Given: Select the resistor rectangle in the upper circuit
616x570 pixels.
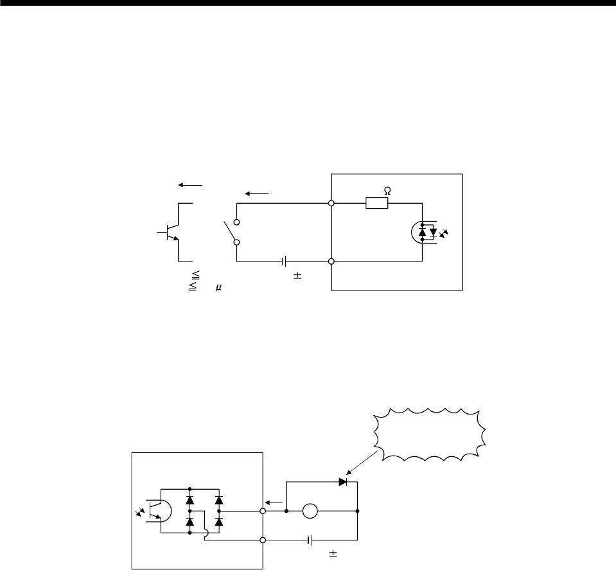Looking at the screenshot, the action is (x=376, y=204).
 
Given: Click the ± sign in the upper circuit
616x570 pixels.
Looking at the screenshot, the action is (x=298, y=276).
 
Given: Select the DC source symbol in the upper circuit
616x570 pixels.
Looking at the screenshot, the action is (x=284, y=262).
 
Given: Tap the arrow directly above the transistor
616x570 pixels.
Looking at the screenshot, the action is (x=190, y=184).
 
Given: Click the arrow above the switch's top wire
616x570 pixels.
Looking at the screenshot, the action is (x=255, y=193).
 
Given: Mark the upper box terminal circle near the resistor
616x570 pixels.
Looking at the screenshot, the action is (x=331, y=204).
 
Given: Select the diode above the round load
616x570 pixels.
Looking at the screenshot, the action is (x=342, y=481).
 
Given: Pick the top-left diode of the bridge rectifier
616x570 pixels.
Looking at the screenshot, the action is (x=190, y=498).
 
